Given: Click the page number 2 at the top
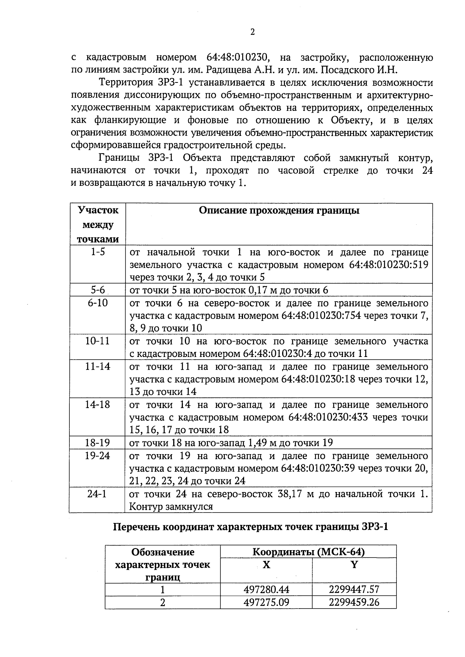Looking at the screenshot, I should (252, 32).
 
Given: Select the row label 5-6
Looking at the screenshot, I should (98, 290).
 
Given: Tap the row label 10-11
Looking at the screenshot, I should (98, 341).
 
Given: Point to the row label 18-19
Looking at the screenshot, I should (98, 443).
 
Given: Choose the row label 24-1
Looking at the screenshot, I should (98, 494).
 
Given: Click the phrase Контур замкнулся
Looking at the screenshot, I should (171, 506).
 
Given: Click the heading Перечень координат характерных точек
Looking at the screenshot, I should (250, 527).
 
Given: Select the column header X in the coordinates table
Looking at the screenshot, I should (266, 565).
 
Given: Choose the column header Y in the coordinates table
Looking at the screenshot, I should (354, 565).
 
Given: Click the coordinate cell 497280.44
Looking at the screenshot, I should (266, 590).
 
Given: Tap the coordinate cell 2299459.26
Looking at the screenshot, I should (354, 602).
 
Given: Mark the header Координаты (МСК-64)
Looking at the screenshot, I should (308, 552).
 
